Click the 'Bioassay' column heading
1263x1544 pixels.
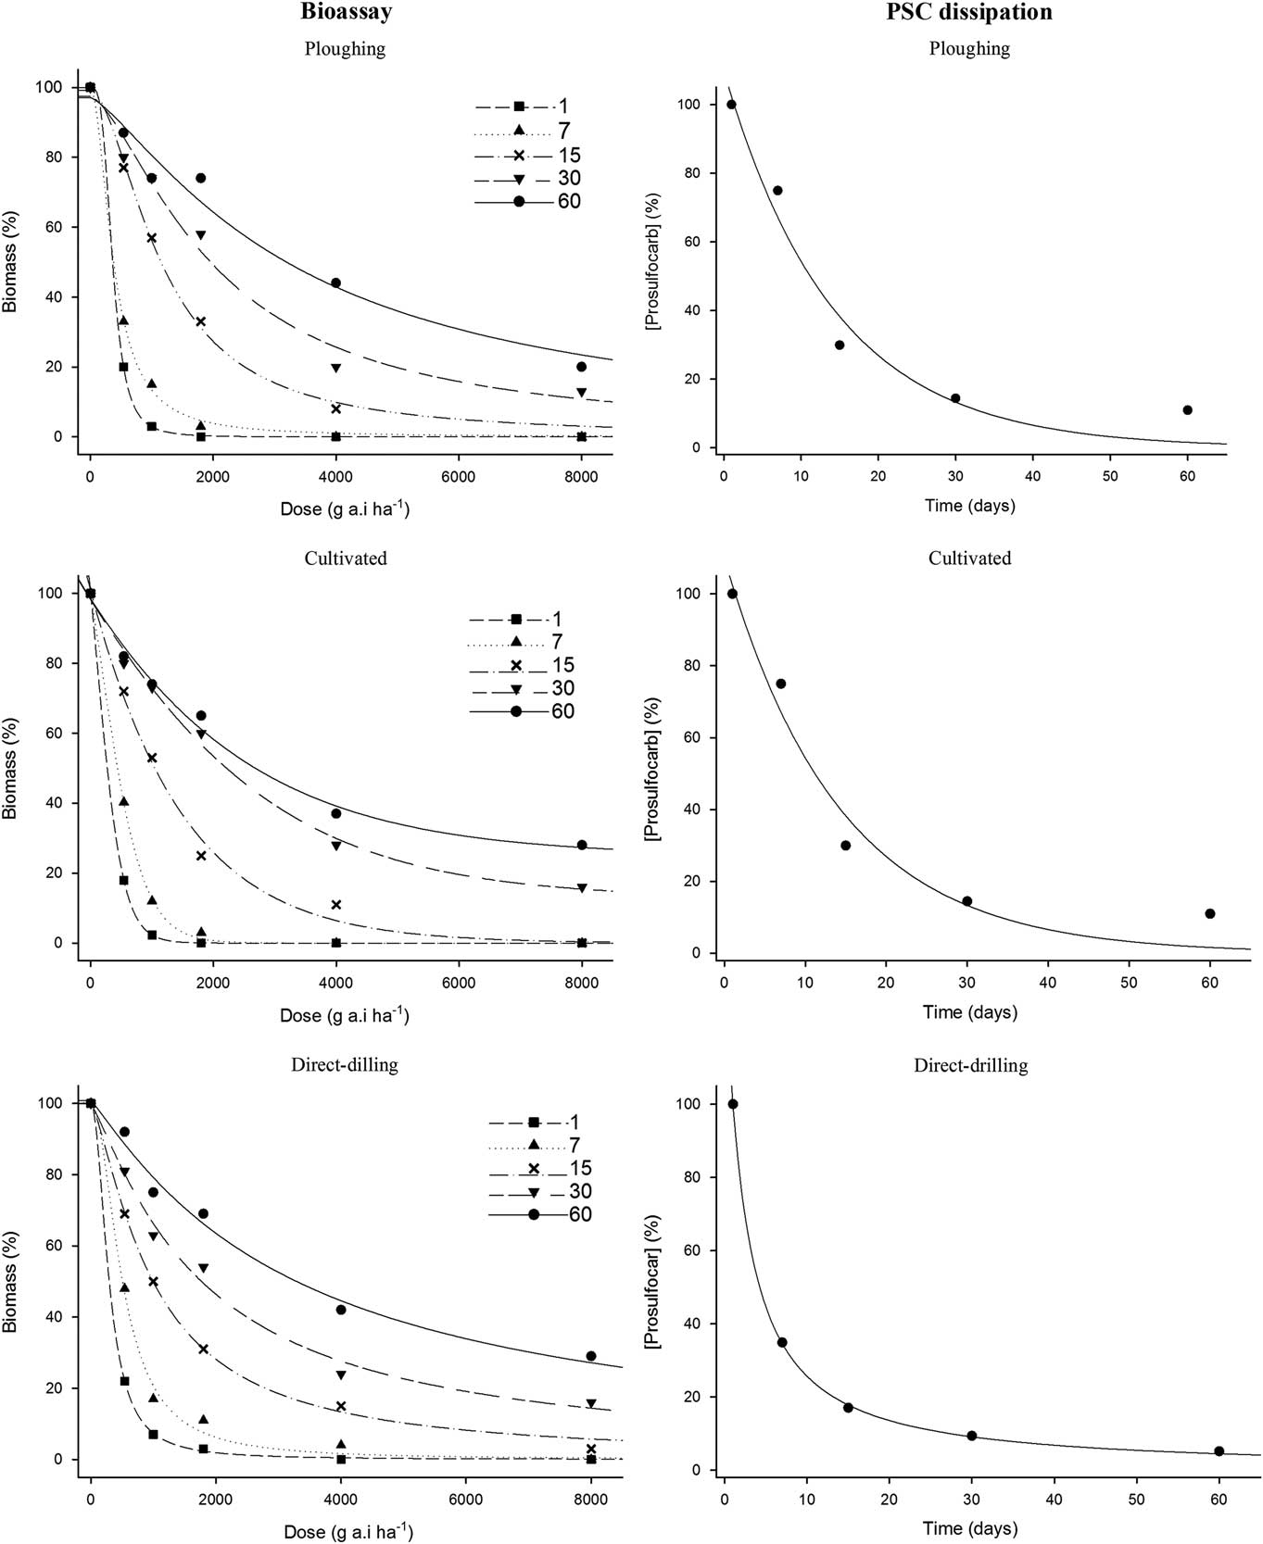click(346, 12)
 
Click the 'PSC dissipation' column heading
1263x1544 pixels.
click(970, 12)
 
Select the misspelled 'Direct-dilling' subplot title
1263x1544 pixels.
click(345, 1064)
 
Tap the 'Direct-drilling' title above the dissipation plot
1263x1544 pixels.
click(970, 1065)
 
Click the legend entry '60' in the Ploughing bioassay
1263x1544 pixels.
click(568, 201)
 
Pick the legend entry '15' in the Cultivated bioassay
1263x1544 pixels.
click(562, 665)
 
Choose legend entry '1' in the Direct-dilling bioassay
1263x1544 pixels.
click(575, 1122)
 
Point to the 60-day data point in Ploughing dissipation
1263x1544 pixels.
click(1187, 409)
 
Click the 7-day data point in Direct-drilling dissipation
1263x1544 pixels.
click(782, 1342)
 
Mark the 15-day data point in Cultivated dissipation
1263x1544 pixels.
click(845, 845)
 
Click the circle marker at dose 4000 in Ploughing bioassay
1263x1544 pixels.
click(335, 282)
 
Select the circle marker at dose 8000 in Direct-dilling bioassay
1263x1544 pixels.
click(591, 1356)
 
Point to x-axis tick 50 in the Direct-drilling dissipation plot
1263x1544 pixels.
click(1137, 1500)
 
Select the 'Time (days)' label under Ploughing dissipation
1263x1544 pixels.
click(969, 506)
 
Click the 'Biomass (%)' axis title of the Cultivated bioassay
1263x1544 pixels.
click(10, 768)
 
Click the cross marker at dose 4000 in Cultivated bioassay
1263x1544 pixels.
click(336, 904)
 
